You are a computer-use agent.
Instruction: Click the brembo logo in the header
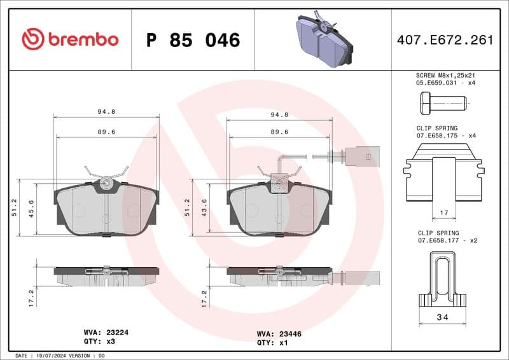click(70, 39)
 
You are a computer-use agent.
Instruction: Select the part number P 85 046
click(193, 40)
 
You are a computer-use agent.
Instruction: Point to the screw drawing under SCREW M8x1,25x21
click(443, 102)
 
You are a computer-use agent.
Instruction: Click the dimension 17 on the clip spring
click(444, 213)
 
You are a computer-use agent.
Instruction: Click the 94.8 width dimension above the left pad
click(106, 112)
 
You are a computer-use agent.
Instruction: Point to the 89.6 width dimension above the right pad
click(280, 132)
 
